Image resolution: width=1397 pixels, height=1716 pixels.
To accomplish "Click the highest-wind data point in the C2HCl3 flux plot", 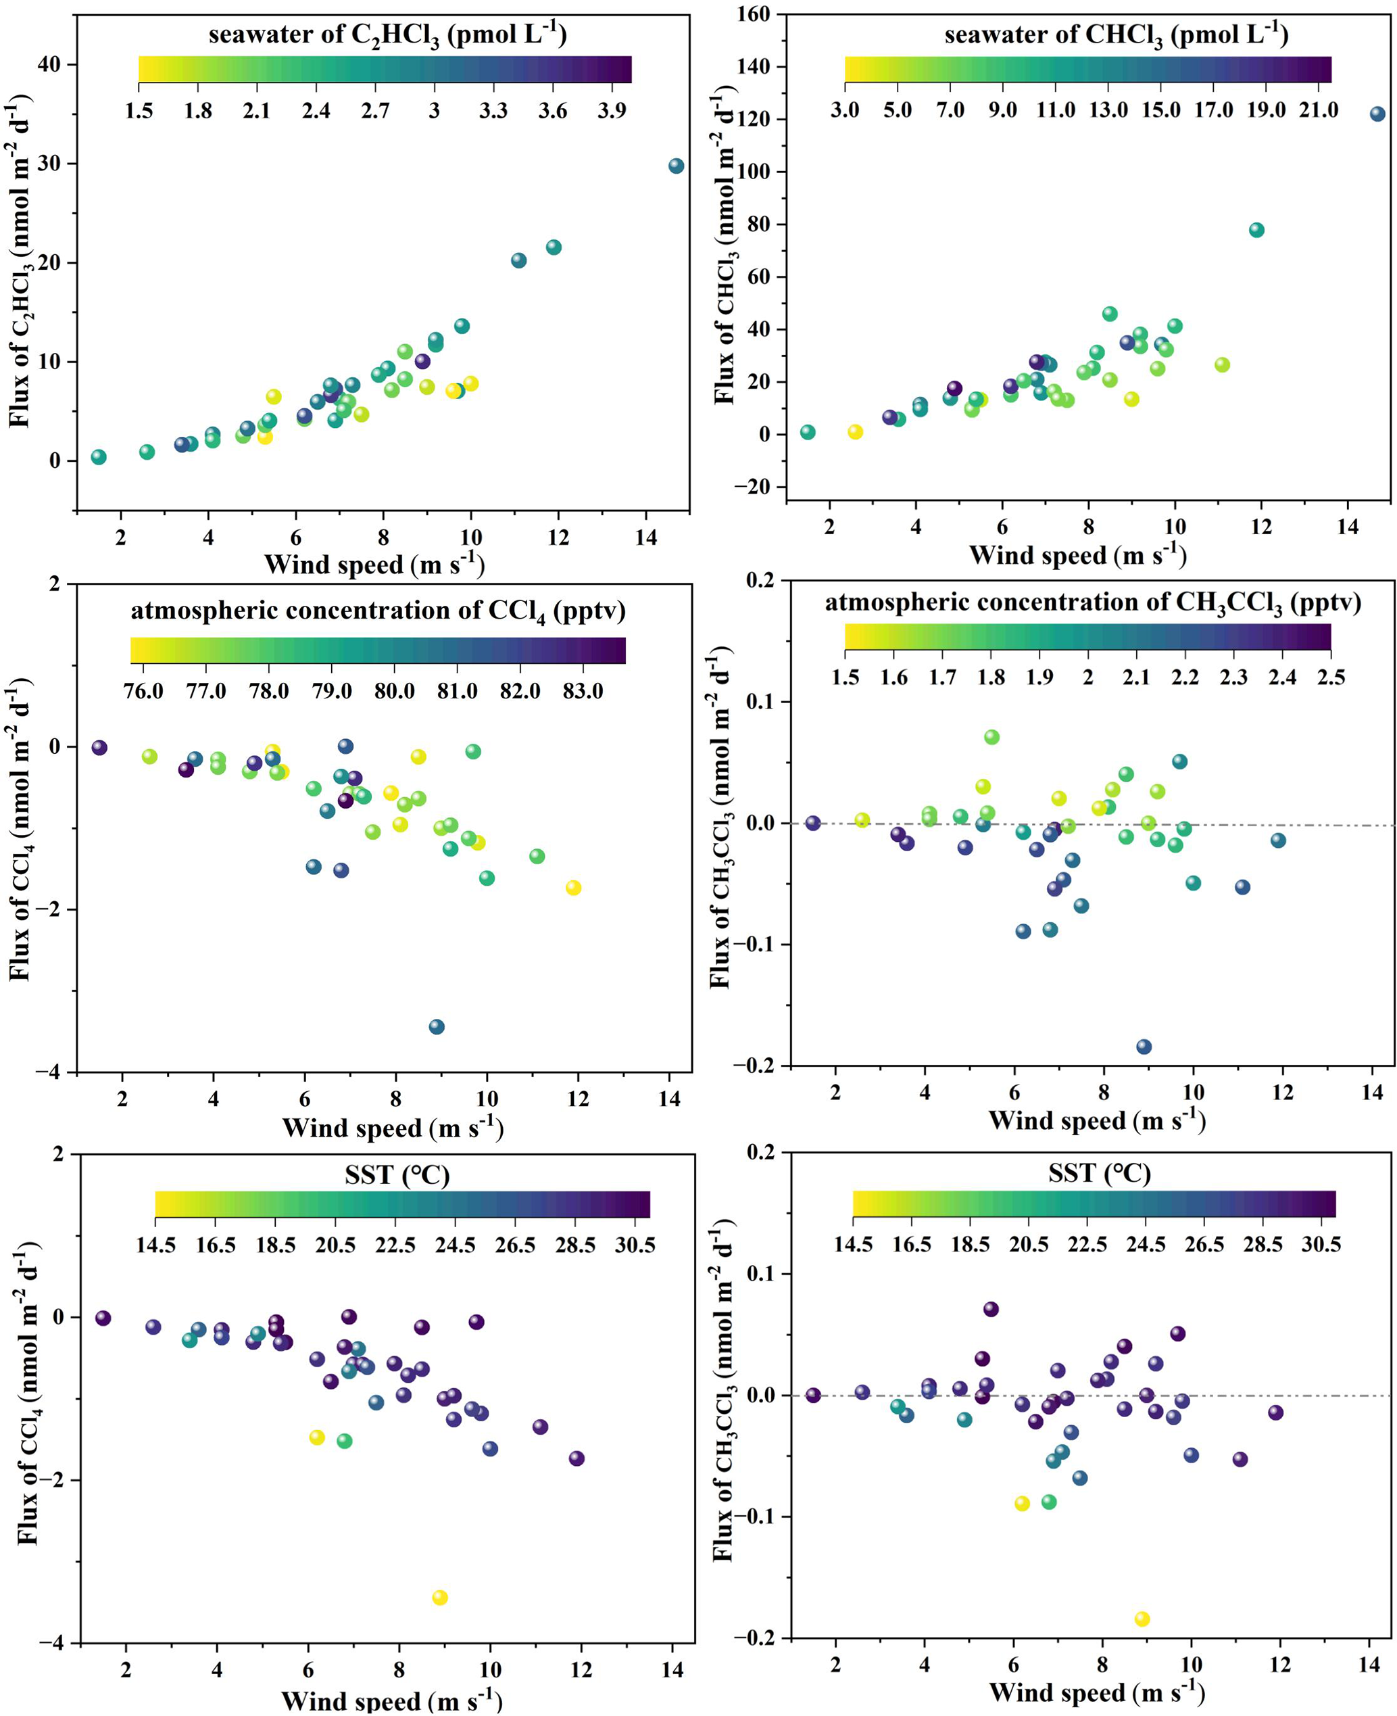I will [676, 166].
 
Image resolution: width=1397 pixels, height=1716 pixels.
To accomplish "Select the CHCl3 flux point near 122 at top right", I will [1377, 114].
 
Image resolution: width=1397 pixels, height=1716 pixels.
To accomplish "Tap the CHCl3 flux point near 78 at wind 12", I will [1256, 230].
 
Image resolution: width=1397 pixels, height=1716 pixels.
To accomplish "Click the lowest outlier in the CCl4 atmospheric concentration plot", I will [437, 1026].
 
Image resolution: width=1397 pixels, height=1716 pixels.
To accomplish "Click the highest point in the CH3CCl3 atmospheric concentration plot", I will [991, 736].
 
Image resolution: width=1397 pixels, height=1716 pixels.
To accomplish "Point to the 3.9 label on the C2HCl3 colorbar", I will [612, 110].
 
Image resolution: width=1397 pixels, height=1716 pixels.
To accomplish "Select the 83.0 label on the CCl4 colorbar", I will [583, 692].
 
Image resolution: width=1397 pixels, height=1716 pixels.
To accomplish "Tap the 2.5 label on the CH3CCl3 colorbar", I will [1331, 677].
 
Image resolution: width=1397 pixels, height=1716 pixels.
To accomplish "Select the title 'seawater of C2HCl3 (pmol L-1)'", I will [387, 35].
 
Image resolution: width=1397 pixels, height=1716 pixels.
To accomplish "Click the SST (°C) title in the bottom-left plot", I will [397, 1176].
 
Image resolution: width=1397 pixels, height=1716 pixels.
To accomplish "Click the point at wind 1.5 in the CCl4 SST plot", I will [103, 1318].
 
